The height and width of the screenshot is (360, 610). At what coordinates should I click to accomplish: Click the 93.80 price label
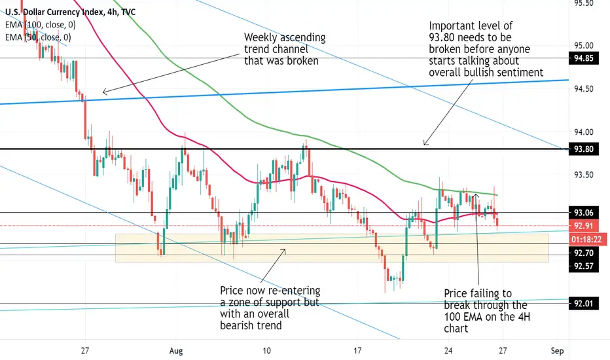pos(584,149)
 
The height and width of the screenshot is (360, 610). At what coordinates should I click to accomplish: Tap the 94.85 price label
pos(584,58)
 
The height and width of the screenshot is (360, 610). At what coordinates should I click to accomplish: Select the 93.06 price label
pos(584,213)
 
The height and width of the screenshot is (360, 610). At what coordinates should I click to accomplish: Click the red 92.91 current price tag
pos(584,226)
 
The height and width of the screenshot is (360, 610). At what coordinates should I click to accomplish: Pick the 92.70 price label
pos(584,253)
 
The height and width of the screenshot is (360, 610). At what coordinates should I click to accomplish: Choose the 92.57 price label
pos(584,266)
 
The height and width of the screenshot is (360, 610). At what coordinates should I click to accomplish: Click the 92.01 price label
pos(584,303)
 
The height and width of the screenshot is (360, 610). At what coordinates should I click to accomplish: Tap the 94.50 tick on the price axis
pos(584,89)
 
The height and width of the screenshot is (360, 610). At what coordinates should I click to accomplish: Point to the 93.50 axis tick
pos(584,175)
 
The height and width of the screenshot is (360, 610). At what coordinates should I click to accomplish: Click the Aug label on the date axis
pos(176,351)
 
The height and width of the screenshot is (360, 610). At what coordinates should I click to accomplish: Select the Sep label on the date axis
pos(557,351)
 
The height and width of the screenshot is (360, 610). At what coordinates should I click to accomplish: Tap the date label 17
pos(357,351)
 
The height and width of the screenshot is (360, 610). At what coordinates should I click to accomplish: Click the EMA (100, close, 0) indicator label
pos(41,25)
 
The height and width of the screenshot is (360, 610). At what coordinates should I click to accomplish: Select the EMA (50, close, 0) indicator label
pos(38,37)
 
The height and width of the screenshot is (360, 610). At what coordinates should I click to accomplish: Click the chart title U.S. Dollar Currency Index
pos(54,12)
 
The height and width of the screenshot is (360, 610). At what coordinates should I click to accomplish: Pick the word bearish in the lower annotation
pos(236,325)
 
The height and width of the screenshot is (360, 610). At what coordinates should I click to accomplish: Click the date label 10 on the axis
pos(266,351)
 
